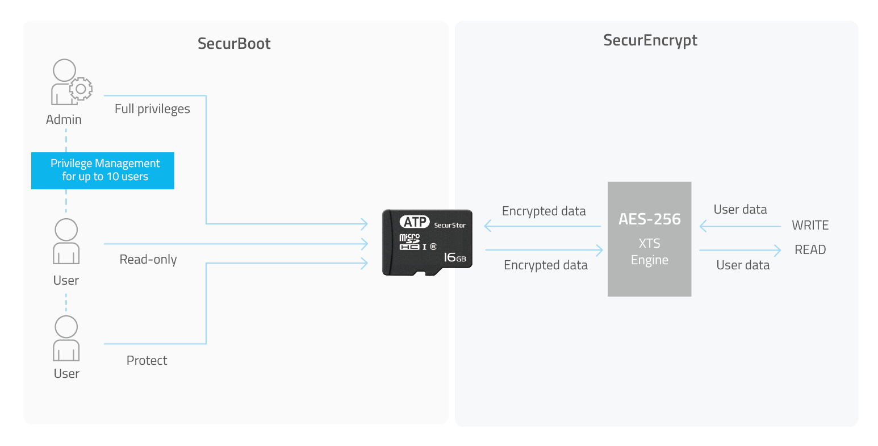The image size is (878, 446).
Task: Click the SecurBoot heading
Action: pyautogui.click(x=234, y=43)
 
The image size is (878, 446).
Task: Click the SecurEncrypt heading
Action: pyautogui.click(x=650, y=40)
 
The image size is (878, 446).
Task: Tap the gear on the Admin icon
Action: pyautogui.click(x=81, y=89)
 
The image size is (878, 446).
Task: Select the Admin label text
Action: pyautogui.click(x=64, y=119)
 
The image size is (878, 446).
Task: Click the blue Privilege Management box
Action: pyautogui.click(x=103, y=170)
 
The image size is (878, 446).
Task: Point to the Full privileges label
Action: pyautogui.click(x=152, y=109)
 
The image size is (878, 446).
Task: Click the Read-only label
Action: pyautogui.click(x=148, y=259)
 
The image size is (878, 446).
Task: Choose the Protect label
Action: pyautogui.click(x=147, y=360)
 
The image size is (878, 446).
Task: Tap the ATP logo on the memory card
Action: pyautogui.click(x=415, y=222)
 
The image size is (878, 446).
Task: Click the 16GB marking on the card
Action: pyautogui.click(x=455, y=257)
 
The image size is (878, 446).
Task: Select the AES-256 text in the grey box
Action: pyautogui.click(x=650, y=219)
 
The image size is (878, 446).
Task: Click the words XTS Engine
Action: pyautogui.click(x=650, y=252)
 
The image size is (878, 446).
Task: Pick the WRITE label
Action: pyautogui.click(x=810, y=225)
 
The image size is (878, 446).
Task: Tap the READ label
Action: pyautogui.click(x=810, y=249)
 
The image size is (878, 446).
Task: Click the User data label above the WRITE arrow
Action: pyautogui.click(x=740, y=210)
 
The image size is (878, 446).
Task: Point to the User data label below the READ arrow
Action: pyautogui.click(x=743, y=265)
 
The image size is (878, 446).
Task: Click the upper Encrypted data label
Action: pyautogui.click(x=543, y=211)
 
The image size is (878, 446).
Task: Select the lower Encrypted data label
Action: pyautogui.click(x=546, y=265)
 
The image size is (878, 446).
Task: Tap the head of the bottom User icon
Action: pyautogui.click(x=66, y=327)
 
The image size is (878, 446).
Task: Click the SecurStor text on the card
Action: pyautogui.click(x=450, y=225)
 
